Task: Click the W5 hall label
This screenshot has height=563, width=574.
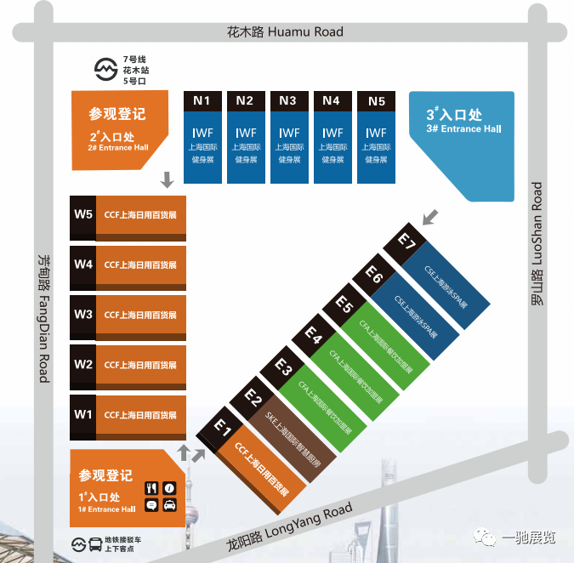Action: point(83,213)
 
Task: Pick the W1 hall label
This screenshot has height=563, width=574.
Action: point(83,414)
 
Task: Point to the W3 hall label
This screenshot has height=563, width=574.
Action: point(83,314)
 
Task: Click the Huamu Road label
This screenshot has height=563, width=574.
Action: point(286,32)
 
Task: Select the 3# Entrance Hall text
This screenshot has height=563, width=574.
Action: point(463,129)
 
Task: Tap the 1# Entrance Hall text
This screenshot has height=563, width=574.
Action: point(106,509)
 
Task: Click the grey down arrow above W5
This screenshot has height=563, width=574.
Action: point(168,179)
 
